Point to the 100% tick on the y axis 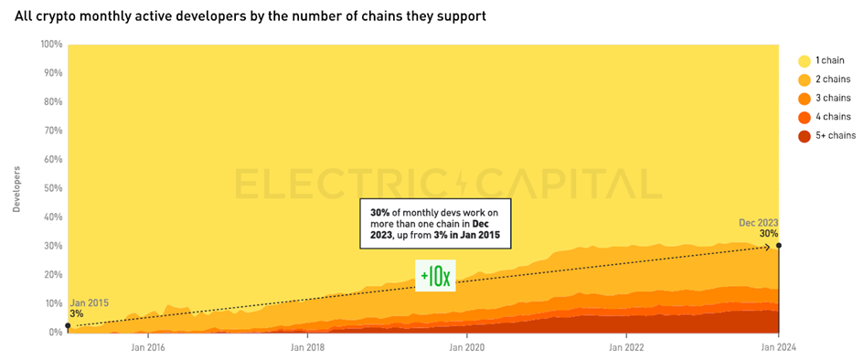click(51, 44)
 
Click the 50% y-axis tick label click(53, 188)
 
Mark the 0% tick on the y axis click(55, 333)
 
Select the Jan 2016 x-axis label click(148, 347)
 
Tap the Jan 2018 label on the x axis click(308, 347)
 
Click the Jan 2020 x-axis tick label click(467, 347)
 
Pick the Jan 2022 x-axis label click(626, 347)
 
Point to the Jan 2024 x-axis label click(778, 347)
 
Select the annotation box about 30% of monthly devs click(434, 221)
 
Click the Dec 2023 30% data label click(760, 228)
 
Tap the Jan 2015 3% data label click(87, 308)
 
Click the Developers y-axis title click(16, 188)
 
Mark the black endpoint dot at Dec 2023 click(778, 245)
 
